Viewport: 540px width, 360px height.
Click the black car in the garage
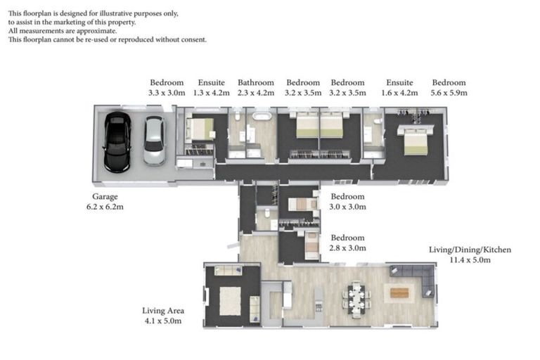click(117, 142)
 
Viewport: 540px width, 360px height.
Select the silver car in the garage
click(154, 140)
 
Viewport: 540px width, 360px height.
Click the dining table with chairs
click(355, 295)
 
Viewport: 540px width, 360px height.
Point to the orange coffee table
click(399, 292)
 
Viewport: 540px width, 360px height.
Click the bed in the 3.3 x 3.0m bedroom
click(200, 129)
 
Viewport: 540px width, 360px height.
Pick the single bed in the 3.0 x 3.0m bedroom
click(303, 204)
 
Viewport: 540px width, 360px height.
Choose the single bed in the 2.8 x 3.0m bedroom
click(311, 245)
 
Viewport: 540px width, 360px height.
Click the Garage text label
click(105, 197)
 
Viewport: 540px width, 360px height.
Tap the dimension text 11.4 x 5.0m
click(470, 260)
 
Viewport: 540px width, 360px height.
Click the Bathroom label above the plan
click(255, 82)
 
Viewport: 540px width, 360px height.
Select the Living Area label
click(162, 311)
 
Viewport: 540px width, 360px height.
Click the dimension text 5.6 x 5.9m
click(449, 92)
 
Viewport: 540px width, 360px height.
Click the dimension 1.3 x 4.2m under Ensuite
click(211, 92)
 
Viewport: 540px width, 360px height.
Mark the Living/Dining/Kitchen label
click(470, 250)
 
